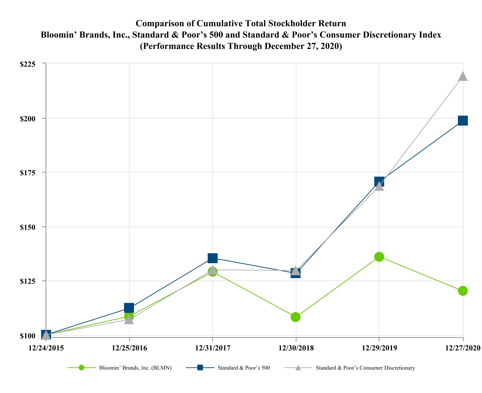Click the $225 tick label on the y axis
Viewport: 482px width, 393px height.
[28, 64]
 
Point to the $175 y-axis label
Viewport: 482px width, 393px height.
[28, 173]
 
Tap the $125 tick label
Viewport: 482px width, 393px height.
[28, 281]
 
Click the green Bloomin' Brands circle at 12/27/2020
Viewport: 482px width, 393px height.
[463, 291]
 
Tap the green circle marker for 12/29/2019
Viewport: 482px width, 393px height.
[379, 257]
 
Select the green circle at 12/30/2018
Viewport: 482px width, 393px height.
[296, 317]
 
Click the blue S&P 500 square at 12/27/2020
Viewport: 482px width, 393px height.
[463, 121]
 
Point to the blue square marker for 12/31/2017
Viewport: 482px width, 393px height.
[212, 258]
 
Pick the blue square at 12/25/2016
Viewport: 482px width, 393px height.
[129, 308]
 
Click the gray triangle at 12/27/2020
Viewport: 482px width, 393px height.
[463, 76]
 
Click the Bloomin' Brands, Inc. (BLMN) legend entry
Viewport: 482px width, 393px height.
[135, 368]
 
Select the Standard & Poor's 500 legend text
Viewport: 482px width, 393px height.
[244, 368]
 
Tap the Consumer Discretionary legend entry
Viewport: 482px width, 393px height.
[365, 368]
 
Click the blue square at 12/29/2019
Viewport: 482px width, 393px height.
[379, 182]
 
